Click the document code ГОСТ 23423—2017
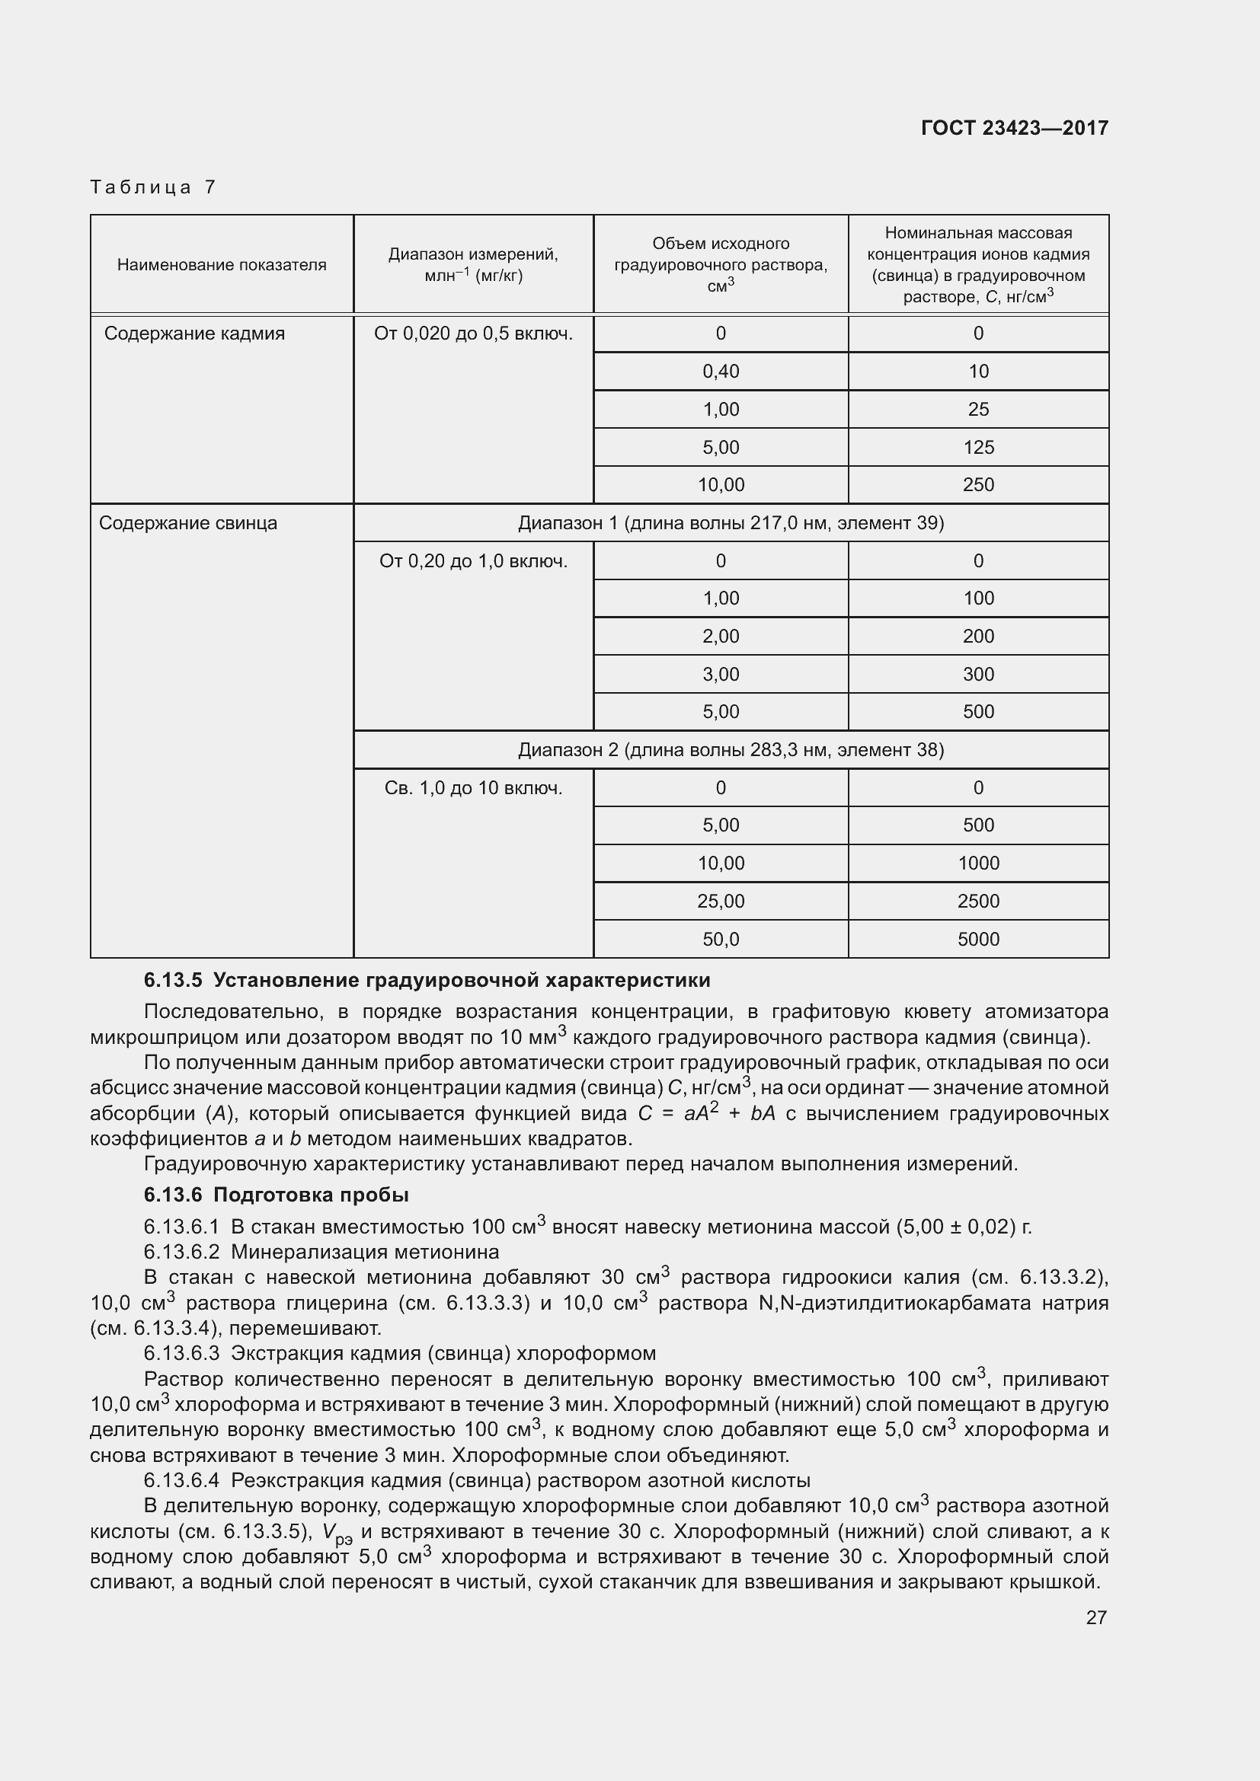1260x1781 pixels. [x=1014, y=128]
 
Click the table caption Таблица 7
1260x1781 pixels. [x=153, y=187]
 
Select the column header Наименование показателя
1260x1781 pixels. [x=221, y=264]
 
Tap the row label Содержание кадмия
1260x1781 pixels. [x=194, y=334]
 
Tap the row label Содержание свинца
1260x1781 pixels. [x=187, y=523]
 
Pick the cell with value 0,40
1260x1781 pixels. [x=720, y=372]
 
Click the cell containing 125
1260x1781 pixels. [x=977, y=448]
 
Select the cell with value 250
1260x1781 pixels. [x=977, y=485]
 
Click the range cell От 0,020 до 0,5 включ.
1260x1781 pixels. [x=472, y=334]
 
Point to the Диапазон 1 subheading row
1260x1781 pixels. [x=730, y=523]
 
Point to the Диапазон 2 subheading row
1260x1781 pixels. [x=730, y=750]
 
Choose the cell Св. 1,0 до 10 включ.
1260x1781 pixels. [x=472, y=788]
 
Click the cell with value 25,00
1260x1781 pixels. [x=720, y=902]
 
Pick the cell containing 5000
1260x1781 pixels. [x=977, y=940]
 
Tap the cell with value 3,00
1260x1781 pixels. [x=720, y=674]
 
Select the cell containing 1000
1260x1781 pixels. [x=977, y=863]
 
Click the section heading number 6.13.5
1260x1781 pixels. [x=172, y=981]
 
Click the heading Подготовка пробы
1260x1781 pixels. [x=310, y=1195]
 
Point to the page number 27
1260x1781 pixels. [x=1095, y=1617]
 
